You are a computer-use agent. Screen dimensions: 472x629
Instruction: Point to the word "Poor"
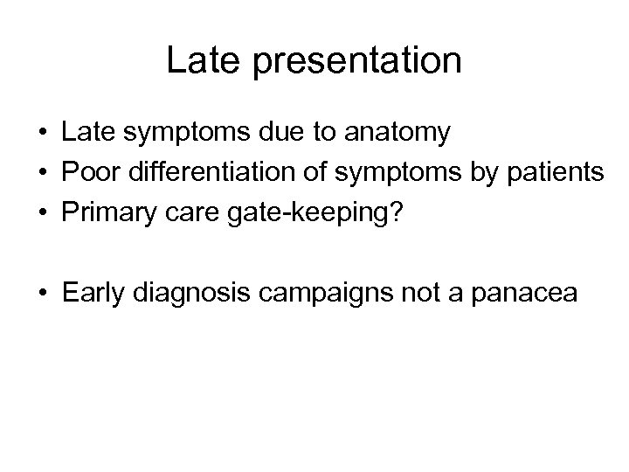(85, 172)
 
